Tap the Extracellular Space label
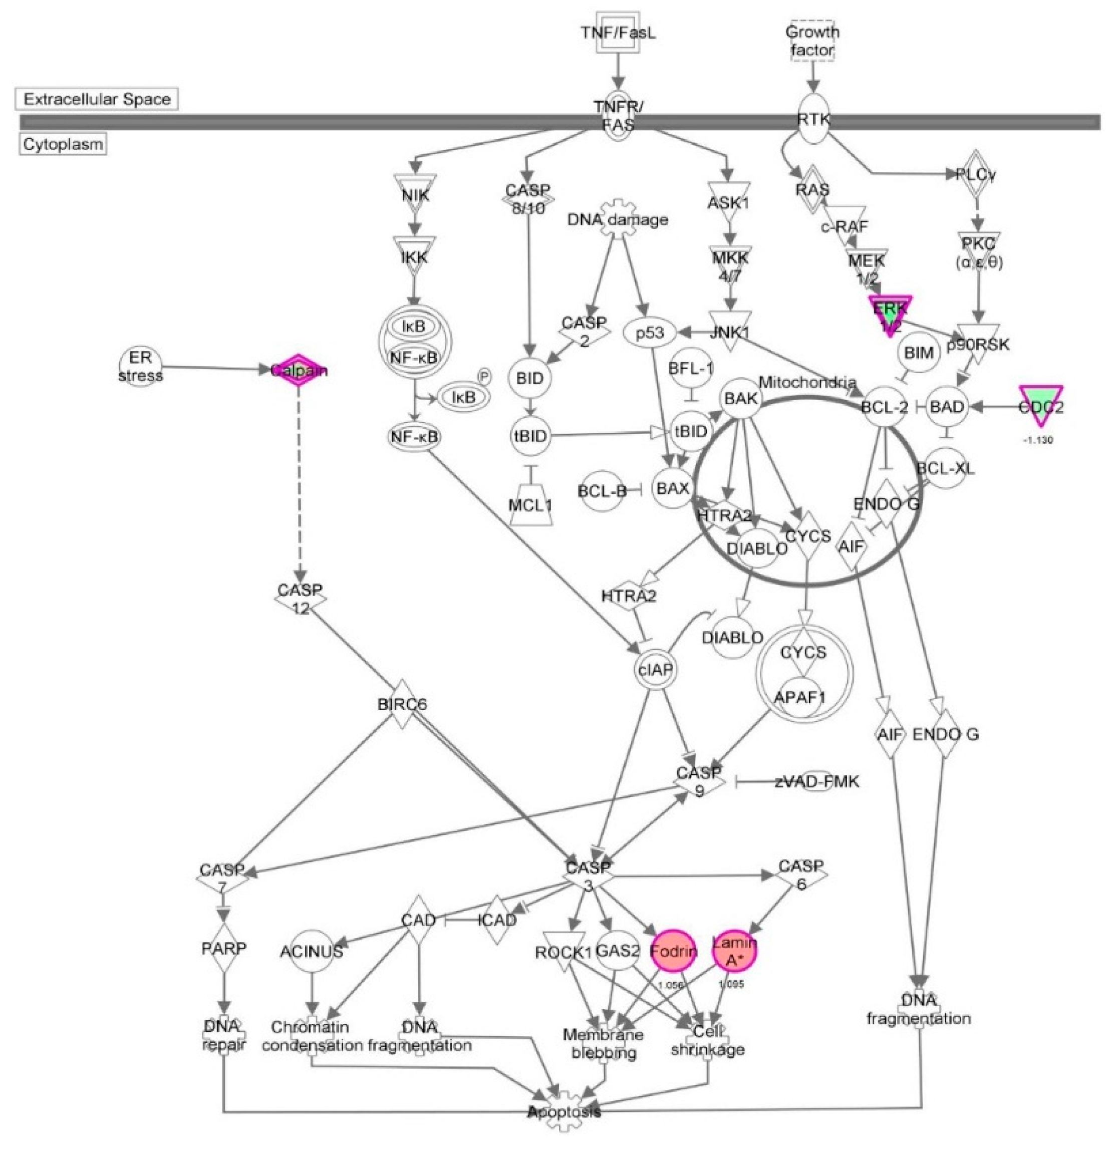tap(96, 99)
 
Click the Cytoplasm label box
tap(63, 144)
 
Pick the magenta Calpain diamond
tap(299, 371)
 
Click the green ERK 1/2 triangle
tap(890, 313)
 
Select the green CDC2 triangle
tap(1040, 405)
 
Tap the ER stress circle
tap(140, 367)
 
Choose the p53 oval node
tap(650, 333)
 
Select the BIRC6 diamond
tap(402, 704)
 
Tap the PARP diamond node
tap(224, 947)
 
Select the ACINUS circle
tap(312, 951)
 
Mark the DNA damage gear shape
tap(617, 219)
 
